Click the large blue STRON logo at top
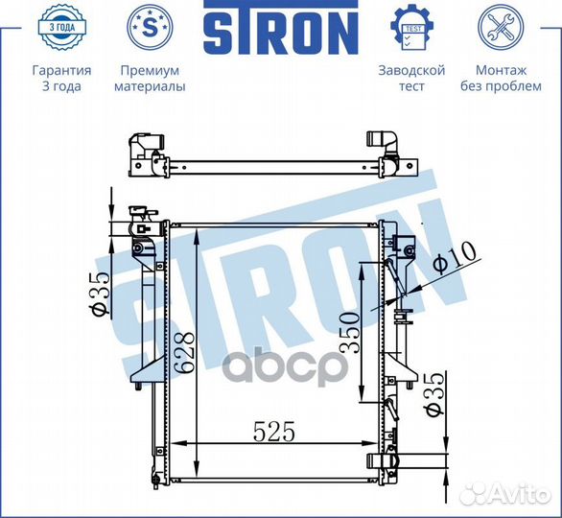point(281,28)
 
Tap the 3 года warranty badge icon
point(61,27)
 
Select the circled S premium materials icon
point(150,27)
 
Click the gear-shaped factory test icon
point(411,27)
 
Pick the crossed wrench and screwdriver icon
point(501,27)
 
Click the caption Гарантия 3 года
point(61,78)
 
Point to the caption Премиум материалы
point(150,78)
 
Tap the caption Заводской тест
point(411,78)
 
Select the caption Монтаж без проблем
point(501,78)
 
